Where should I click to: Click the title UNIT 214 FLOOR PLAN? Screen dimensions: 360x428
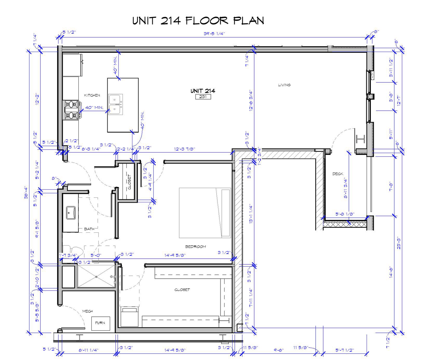coord(198,21)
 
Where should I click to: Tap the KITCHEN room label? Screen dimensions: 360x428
coord(92,95)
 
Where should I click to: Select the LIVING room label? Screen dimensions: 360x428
coord(284,85)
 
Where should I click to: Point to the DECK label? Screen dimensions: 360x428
coord(338,174)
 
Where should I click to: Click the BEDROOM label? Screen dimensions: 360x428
coord(195,247)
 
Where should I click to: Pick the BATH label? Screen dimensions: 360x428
coord(89,229)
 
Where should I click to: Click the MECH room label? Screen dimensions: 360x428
coord(87,311)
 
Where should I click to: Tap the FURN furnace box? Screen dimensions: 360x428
coord(100,323)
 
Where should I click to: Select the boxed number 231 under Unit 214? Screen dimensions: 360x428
coord(203,97)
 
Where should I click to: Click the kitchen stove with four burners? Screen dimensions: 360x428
coord(72,110)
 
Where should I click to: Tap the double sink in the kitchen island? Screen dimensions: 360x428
coord(115,104)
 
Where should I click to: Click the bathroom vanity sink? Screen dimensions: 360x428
coord(71,213)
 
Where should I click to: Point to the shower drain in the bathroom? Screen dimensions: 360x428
coord(96,276)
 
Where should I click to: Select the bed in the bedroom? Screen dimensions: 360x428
coord(205,213)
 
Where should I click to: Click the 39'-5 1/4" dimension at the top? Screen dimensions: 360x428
coord(214,34)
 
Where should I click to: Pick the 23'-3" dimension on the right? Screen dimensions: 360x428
coord(399,243)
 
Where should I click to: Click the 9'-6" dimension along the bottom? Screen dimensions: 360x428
coord(279,350)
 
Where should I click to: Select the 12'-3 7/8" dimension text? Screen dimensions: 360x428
coord(184,149)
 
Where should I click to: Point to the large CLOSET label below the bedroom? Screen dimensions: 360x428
coord(182,290)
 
